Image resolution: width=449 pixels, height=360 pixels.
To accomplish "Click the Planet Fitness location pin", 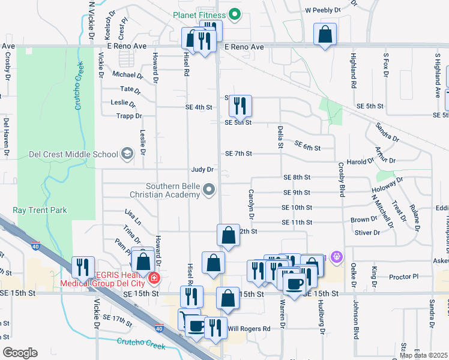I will pyautogui.click(x=235, y=15).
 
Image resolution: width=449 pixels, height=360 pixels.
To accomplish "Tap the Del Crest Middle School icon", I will pyautogui.click(x=127, y=154).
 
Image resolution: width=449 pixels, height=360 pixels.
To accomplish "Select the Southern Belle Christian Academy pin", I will pyautogui.click(x=209, y=190).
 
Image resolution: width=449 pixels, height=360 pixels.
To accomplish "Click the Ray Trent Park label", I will pyautogui.click(x=40, y=211).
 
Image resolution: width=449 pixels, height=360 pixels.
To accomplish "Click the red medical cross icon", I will pyautogui.click(x=154, y=278).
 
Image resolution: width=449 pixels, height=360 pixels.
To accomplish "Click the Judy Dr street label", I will pyautogui.click(x=203, y=170).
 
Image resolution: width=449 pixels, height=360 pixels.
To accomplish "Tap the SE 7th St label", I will pyautogui.click(x=238, y=154).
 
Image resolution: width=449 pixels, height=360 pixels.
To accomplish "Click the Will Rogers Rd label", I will pyautogui.click(x=249, y=328).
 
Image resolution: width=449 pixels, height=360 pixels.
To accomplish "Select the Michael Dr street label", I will pyautogui.click(x=128, y=75).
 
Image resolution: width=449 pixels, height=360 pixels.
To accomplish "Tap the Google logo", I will pyautogui.click(x=20, y=353).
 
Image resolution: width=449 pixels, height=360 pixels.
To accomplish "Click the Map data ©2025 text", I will pyautogui.click(x=423, y=355).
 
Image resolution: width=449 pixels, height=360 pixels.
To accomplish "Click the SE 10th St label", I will pyautogui.click(x=297, y=207).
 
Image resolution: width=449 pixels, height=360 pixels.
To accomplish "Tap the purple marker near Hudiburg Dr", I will pyautogui.click(x=335, y=257).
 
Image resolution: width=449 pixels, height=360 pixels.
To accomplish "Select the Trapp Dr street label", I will pyautogui.click(x=129, y=116).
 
